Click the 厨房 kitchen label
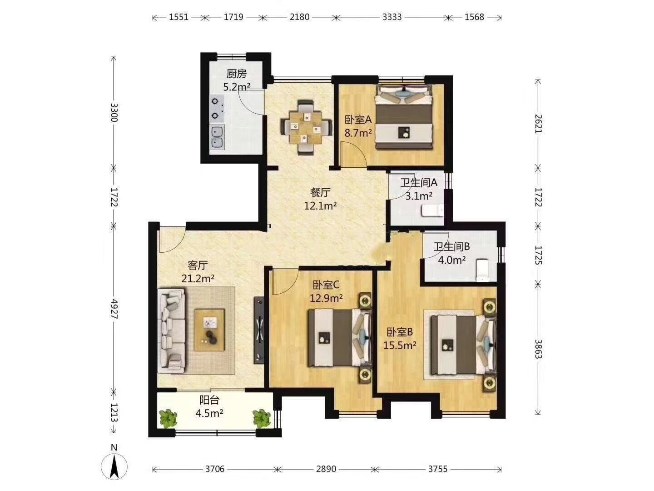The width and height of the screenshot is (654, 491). [x=237, y=73]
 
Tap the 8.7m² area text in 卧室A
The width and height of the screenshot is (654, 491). [x=358, y=133]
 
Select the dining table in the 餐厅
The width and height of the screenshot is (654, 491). [x=306, y=127]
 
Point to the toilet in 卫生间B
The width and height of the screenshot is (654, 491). [x=482, y=271]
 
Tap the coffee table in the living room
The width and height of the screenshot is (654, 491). [x=209, y=330]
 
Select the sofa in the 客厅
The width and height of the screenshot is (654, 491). [x=171, y=331]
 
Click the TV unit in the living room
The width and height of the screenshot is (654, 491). [x=258, y=330]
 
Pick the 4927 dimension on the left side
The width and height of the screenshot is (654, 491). [x=114, y=309]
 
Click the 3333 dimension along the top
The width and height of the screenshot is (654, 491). [x=392, y=17]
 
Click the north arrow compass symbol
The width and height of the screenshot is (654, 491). [x=114, y=466]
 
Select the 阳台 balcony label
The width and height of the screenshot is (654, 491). [x=209, y=400]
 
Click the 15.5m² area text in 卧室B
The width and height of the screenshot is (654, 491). [x=400, y=345]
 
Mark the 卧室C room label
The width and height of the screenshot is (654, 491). [x=326, y=286]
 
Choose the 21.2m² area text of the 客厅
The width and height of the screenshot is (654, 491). [x=198, y=278]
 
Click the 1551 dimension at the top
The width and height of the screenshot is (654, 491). [x=179, y=17]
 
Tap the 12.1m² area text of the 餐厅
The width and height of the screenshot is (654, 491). [x=320, y=205]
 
